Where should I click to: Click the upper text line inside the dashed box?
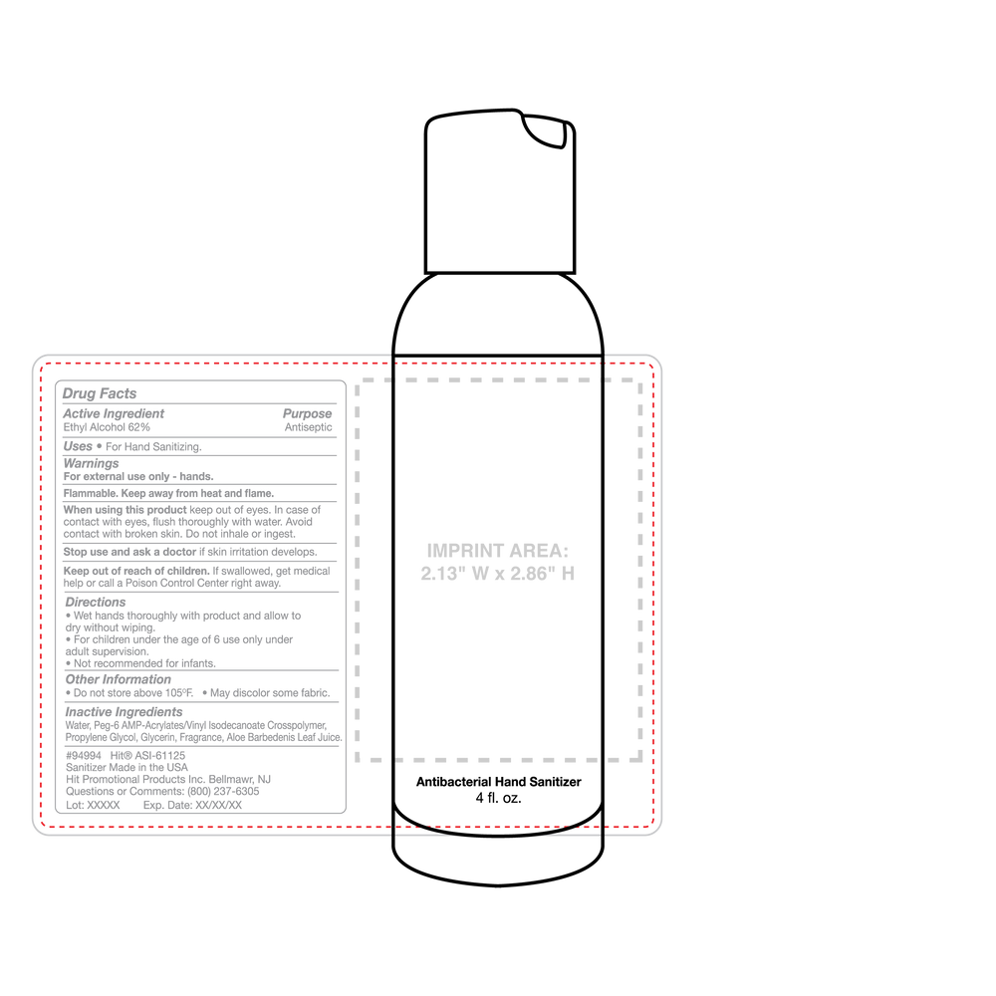pos(496,550)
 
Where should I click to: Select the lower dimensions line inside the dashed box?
pos(496,574)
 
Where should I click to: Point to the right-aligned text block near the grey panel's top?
pos(308,420)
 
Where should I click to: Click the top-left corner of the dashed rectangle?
pos(359,381)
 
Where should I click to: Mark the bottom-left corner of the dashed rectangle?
pos(359,760)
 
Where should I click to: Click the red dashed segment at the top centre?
pos(498,361)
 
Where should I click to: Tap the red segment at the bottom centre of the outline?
pos(498,827)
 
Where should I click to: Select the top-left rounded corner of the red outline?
pos(43,366)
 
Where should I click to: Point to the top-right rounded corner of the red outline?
pos(651,366)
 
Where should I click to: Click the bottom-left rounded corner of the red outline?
pos(43,823)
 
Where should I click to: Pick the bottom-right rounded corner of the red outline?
pos(651,823)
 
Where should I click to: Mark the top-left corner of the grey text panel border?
pos(56,382)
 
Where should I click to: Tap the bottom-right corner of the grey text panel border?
pos(345,812)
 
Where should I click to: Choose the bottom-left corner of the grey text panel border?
pos(56,812)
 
